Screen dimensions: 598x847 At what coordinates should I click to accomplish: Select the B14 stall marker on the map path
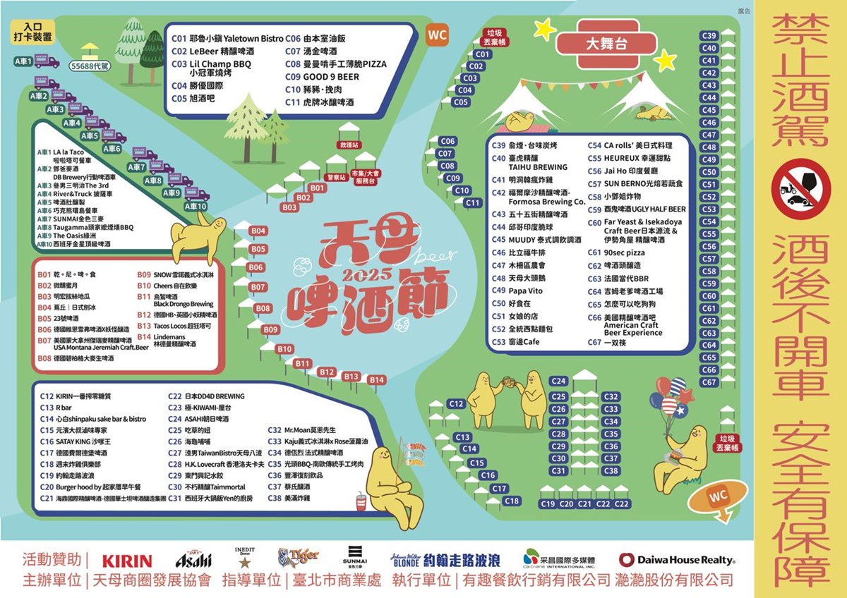pyautogui.click(x=376, y=380)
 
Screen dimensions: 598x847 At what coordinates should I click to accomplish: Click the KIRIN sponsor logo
pyautogui.click(x=127, y=561)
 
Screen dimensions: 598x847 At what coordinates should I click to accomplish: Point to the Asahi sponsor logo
pyautogui.click(x=193, y=560)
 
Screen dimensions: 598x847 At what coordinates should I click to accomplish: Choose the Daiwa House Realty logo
pyautogui.click(x=677, y=560)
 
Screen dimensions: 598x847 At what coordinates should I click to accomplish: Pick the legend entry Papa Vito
pyautogui.click(x=526, y=291)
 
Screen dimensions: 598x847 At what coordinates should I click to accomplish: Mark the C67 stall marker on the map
pyautogui.click(x=709, y=383)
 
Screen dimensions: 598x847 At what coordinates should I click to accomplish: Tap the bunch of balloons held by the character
pyautogui.click(x=670, y=398)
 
